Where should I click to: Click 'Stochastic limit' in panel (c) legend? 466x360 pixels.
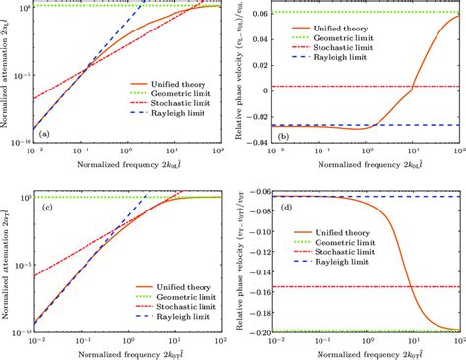click(x=163, y=305)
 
